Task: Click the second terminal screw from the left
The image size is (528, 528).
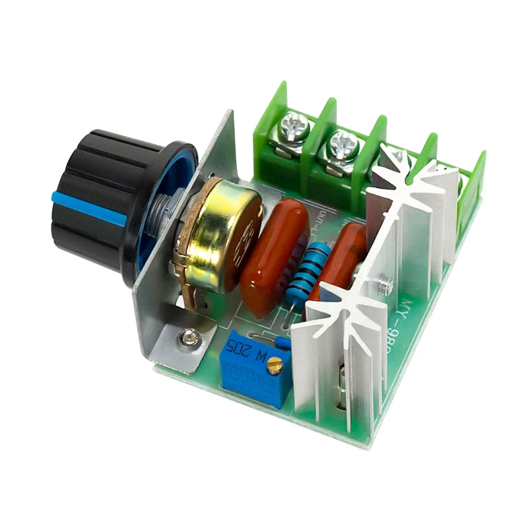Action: tap(341, 143)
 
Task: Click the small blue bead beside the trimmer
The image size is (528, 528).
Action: tap(283, 342)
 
